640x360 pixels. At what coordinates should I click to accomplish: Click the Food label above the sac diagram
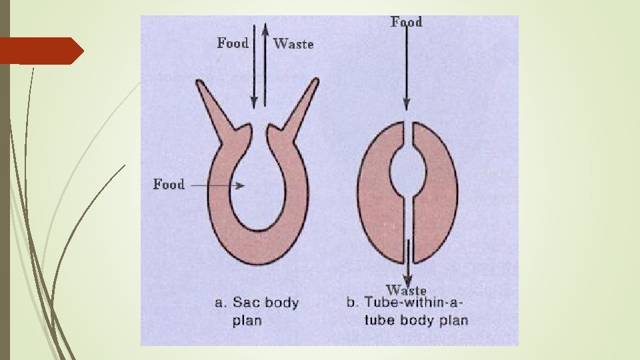point(233,43)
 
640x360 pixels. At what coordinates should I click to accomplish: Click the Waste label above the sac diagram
point(293,44)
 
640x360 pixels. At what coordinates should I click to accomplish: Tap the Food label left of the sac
point(169,184)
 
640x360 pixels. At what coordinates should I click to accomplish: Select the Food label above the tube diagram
point(406,22)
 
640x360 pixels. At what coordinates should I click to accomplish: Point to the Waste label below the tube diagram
point(406,290)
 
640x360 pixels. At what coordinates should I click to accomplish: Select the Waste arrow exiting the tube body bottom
point(407,267)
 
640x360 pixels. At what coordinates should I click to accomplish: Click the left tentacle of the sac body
point(213,103)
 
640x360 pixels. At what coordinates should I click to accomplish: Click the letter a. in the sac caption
point(220,303)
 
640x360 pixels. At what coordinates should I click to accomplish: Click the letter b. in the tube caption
point(352,303)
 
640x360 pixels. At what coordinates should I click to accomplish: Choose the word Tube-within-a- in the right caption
point(413,303)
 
